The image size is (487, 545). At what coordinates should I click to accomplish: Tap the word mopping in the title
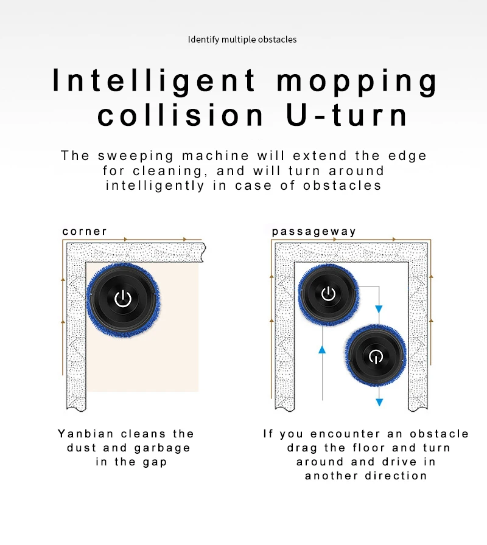357,82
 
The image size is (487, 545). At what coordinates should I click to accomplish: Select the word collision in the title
180,116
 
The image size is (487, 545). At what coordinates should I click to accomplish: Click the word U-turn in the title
347,116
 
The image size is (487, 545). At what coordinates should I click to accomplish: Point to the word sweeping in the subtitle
135,156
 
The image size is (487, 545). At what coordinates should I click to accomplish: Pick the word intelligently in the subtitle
155,186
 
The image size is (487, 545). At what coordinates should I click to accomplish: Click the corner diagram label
85,232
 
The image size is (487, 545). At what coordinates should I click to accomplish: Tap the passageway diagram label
314,232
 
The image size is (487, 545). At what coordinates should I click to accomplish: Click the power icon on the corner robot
123,299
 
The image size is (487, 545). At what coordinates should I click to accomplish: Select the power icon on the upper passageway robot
328,294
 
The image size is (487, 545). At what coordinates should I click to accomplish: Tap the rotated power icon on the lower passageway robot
376,356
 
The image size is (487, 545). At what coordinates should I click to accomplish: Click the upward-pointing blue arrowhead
322,349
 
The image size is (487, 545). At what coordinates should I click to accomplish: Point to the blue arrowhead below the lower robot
379,402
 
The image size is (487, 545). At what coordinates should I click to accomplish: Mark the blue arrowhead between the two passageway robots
379,309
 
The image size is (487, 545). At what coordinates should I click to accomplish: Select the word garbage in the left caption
162,448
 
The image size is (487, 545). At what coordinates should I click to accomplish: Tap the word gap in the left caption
155,463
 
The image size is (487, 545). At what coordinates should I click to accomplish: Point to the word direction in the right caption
396,476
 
